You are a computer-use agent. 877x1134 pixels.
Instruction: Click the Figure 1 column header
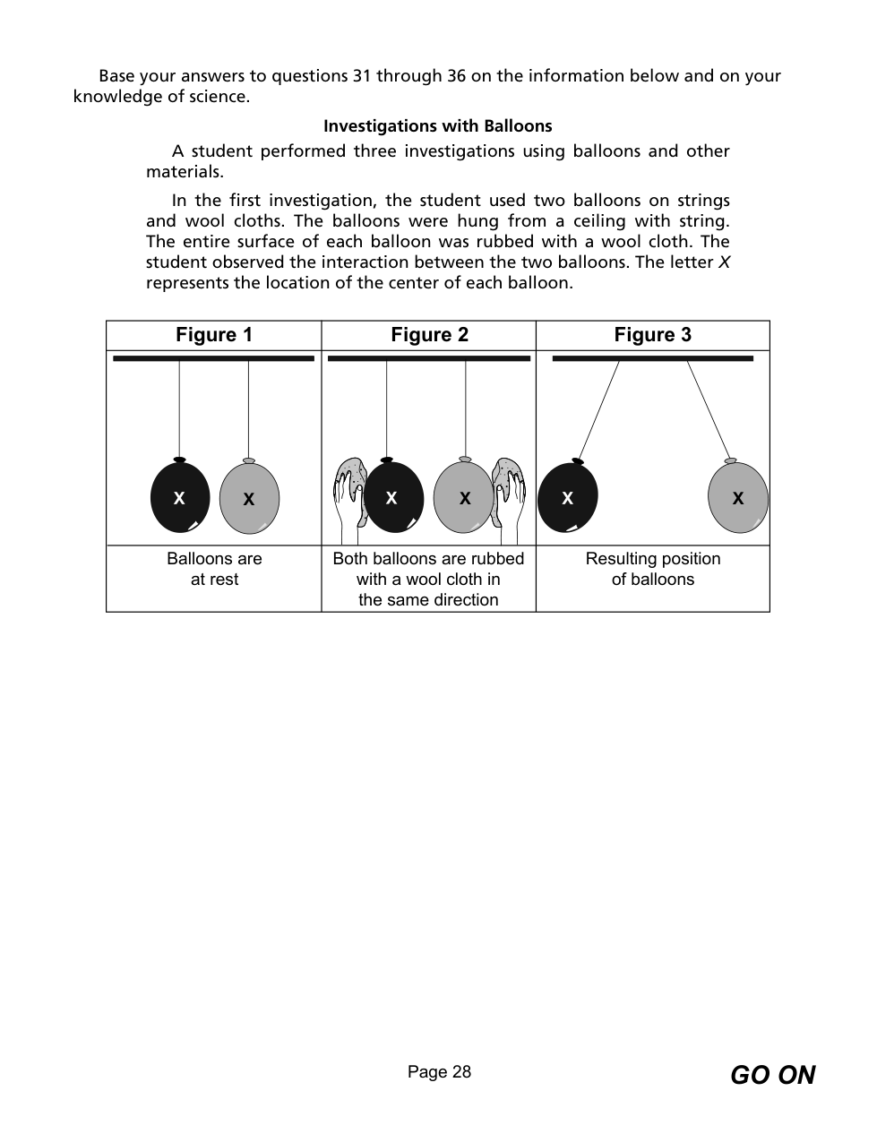point(214,335)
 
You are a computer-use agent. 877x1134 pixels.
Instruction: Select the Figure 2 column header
point(429,335)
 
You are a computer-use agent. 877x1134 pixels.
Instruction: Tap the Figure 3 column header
point(652,335)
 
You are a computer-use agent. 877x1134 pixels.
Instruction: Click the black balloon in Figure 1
point(180,497)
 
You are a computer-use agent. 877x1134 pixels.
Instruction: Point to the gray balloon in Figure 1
point(249,498)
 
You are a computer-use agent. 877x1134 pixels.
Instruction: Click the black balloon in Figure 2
point(392,497)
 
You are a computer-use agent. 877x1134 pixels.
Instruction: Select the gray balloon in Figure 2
point(463,497)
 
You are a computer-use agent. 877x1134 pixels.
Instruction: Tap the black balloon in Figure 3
point(567,497)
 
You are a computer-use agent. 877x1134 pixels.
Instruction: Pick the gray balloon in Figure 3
point(737,497)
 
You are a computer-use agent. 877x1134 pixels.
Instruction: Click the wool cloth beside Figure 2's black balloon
point(351,488)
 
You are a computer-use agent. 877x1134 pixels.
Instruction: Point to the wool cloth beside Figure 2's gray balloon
point(506,488)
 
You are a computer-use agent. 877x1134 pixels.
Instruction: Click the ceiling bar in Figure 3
point(652,358)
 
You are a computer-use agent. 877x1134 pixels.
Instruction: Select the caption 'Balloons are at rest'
point(214,569)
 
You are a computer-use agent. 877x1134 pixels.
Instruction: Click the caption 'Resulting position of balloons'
point(652,569)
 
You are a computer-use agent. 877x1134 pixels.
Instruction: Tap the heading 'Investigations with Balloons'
point(437,126)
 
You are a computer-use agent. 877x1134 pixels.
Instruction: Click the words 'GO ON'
point(772,1075)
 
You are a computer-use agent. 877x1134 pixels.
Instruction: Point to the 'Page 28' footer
point(439,1072)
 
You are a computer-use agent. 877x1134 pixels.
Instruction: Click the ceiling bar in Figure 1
point(213,358)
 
